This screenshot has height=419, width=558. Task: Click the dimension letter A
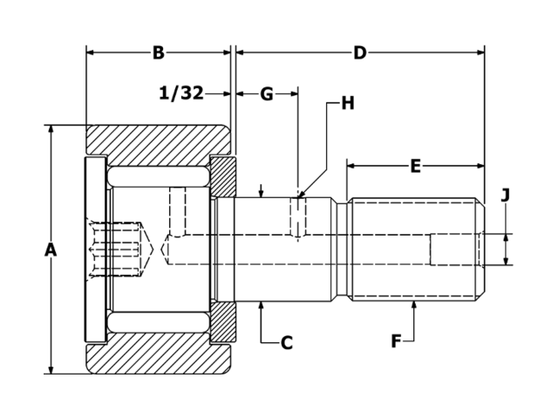(51, 250)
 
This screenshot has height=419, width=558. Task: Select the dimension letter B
(158, 53)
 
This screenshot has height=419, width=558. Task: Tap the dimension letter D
(359, 53)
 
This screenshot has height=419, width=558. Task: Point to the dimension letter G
(267, 93)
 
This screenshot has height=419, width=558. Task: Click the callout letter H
(347, 103)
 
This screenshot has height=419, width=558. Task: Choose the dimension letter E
(415, 166)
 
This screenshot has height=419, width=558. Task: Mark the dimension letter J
(506, 196)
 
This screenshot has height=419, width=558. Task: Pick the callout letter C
(286, 343)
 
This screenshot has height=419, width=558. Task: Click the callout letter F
(396, 341)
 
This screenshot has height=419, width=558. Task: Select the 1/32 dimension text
(182, 93)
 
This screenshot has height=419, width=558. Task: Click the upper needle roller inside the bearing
(158, 176)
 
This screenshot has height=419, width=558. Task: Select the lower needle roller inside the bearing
(158, 324)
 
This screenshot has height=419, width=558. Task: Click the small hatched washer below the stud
(223, 322)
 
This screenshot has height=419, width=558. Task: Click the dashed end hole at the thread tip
(456, 250)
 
